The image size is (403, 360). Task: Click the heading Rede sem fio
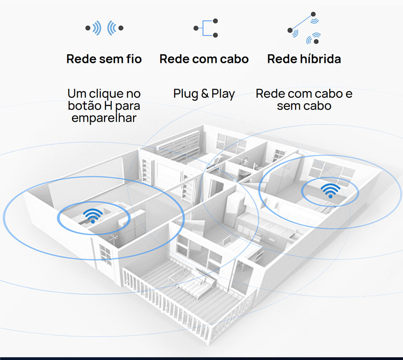pos(104,59)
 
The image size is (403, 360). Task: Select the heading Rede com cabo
pos(204,59)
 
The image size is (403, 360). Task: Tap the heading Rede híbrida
pos(304,59)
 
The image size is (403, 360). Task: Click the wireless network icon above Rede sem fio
pos(104,28)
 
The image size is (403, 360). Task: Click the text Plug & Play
pos(204,93)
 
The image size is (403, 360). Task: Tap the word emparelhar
pos(104,118)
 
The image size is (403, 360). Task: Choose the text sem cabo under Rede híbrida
pos(304,105)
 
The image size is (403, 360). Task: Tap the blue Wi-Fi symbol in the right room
pos(330,189)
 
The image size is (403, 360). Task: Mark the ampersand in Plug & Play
pos(204,93)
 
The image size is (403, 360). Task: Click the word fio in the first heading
pos(133,59)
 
